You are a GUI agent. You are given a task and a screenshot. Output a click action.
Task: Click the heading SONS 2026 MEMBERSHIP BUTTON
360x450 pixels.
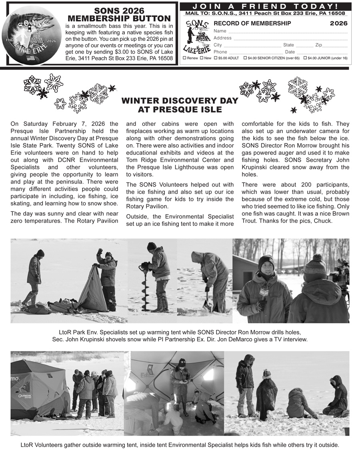(x=119, y=15)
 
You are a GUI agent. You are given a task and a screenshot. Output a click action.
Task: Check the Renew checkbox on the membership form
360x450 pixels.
(x=184, y=58)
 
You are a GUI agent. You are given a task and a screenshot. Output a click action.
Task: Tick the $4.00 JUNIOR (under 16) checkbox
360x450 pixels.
(x=305, y=58)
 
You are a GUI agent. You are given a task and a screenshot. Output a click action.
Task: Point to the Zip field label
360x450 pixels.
(x=318, y=45)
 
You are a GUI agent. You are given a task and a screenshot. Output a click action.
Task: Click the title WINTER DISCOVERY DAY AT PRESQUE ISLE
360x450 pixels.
(x=180, y=105)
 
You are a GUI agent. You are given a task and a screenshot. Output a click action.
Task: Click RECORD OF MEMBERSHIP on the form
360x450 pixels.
(x=252, y=24)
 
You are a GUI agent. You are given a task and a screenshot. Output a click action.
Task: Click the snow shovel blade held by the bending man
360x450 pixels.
(x=208, y=306)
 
